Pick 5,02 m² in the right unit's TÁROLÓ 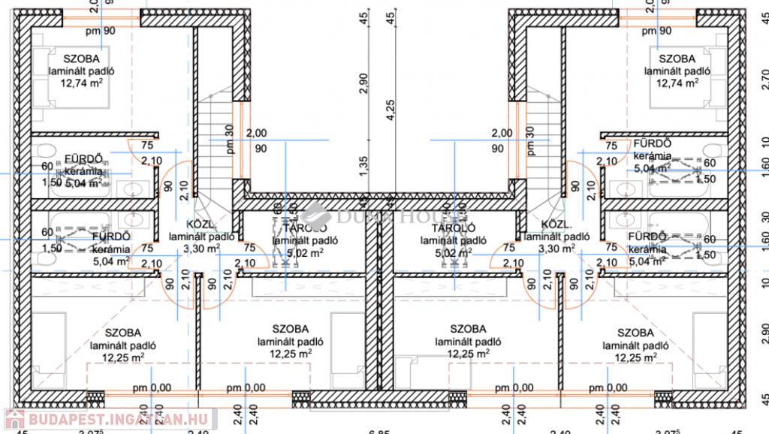tap(448, 253)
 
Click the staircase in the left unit tap(216, 150)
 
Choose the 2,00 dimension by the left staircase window tap(257, 133)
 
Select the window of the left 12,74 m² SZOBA tap(101, 18)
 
